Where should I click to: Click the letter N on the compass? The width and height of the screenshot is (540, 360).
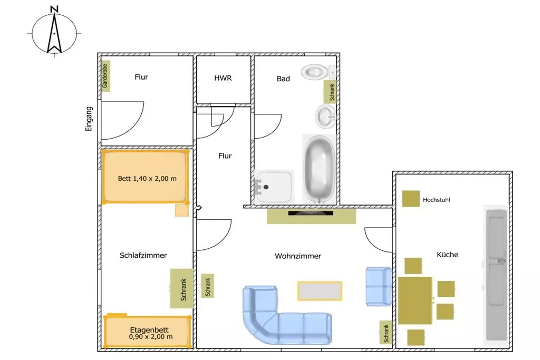click(x=54, y=8)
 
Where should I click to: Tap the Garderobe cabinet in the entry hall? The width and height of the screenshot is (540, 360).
click(x=105, y=76)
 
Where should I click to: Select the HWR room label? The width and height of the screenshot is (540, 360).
click(x=223, y=78)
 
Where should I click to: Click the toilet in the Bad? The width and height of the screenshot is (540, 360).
click(x=318, y=72)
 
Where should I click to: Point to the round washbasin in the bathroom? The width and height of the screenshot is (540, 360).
click(x=325, y=116)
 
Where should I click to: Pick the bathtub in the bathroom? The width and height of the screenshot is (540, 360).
click(x=319, y=169)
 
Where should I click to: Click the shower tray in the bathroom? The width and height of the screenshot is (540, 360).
click(x=274, y=187)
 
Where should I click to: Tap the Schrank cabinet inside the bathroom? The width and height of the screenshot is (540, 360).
click(x=330, y=92)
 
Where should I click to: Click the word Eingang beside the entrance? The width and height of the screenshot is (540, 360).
click(x=89, y=119)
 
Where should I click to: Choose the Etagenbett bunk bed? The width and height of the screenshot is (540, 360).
click(x=148, y=332)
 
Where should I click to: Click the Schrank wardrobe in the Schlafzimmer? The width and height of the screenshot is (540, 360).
click(x=181, y=288)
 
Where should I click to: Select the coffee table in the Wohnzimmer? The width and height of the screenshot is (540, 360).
click(x=320, y=291)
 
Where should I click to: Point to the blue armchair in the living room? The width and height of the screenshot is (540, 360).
click(x=379, y=286)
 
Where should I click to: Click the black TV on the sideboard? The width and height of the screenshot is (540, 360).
click(x=311, y=213)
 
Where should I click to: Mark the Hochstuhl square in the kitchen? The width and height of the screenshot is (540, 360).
click(x=411, y=199)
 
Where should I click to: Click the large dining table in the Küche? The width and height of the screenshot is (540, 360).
click(x=415, y=300)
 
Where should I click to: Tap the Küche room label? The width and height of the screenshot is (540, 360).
click(x=447, y=255)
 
